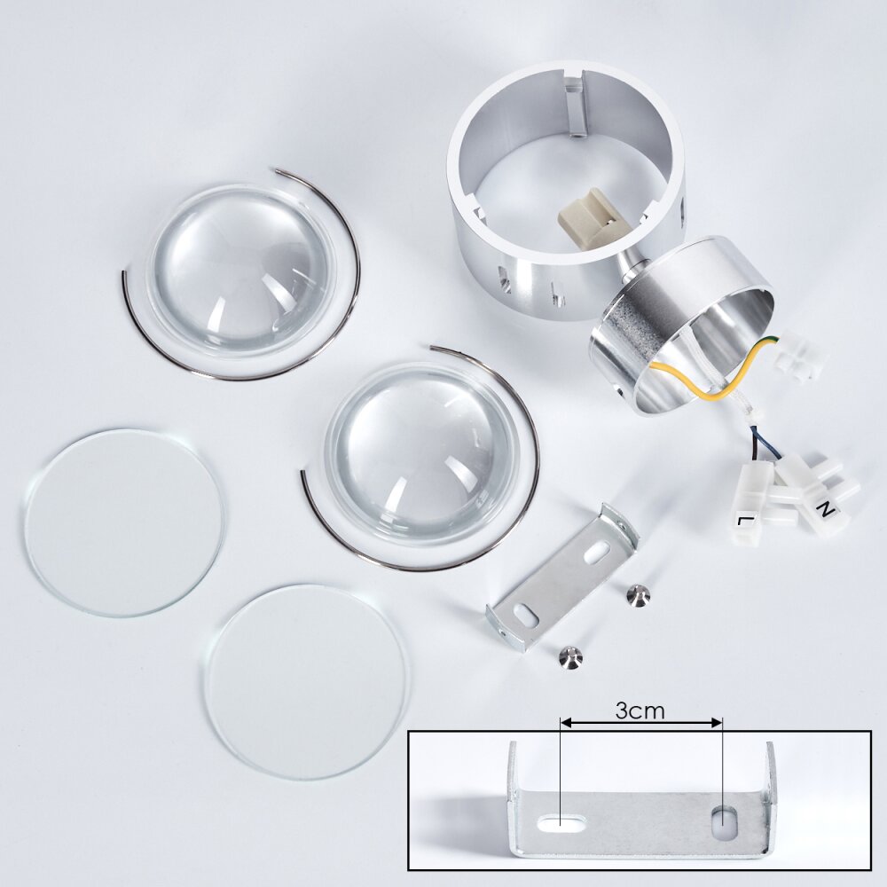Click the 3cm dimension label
click(x=640, y=710)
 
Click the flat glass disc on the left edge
click(x=124, y=522)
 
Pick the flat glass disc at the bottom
click(x=305, y=682)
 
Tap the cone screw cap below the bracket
click(x=570, y=657)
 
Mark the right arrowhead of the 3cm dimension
click(x=718, y=722)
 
